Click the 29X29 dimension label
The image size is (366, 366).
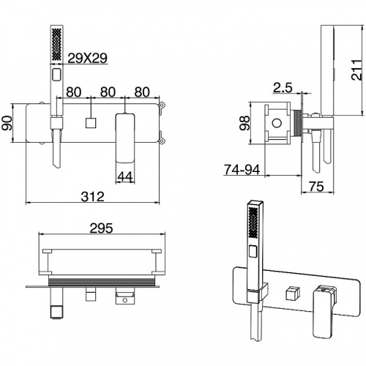pyautogui.click(x=87, y=58)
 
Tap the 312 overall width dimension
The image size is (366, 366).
pyautogui.click(x=92, y=196)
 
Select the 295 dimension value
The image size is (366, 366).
pyautogui.click(x=101, y=228)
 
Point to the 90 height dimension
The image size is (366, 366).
pyautogui.click(x=7, y=123)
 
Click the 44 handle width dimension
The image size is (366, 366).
pyautogui.click(x=125, y=176)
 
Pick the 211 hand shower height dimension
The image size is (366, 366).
pyautogui.click(x=356, y=70)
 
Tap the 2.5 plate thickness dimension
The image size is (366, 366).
pyautogui.click(x=283, y=88)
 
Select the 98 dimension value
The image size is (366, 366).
pyautogui.click(x=244, y=123)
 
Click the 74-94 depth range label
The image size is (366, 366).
pyautogui.click(x=242, y=169)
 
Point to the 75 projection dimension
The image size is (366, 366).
pyautogui.click(x=316, y=187)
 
